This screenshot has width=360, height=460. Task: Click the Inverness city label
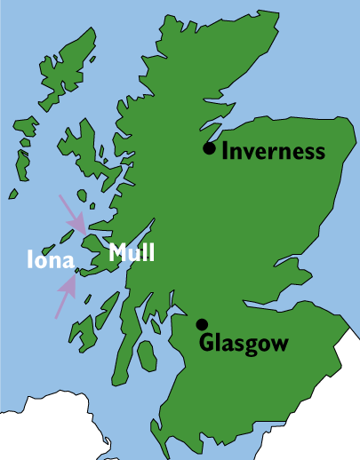click(273, 151)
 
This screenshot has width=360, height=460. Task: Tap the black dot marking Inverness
click(209, 148)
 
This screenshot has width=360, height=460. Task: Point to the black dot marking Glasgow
click(203, 325)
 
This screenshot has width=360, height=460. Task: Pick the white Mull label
click(132, 253)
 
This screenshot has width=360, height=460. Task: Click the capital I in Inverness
click(225, 151)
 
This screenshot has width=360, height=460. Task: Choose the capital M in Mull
click(116, 253)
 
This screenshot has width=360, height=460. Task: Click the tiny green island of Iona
click(77, 269)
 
